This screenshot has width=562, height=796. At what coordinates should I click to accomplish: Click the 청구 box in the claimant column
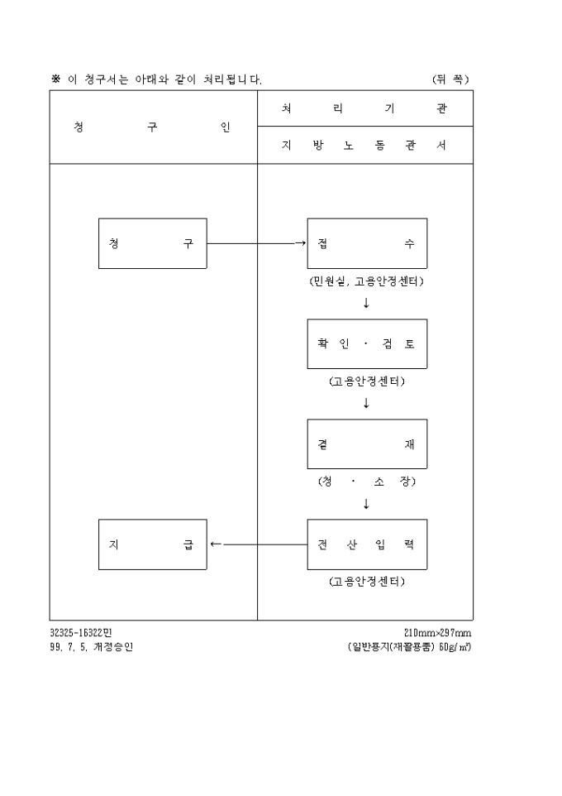click(x=153, y=243)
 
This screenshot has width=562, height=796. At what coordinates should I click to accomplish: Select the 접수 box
click(x=367, y=243)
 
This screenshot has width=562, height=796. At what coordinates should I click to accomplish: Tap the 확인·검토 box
click(x=367, y=343)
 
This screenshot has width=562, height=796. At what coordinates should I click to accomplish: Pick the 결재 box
click(x=367, y=444)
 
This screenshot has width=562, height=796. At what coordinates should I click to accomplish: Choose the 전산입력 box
click(x=367, y=544)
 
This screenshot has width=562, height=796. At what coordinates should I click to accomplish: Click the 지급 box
click(x=153, y=544)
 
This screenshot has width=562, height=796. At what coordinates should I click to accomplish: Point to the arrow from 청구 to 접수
click(x=256, y=243)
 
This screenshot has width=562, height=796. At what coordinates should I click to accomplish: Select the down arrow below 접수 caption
click(x=366, y=303)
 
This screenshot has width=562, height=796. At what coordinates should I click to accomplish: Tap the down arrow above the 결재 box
click(x=366, y=404)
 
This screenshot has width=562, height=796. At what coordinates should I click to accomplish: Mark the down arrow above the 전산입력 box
click(x=366, y=504)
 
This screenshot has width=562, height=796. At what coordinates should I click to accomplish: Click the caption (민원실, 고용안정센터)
click(x=367, y=281)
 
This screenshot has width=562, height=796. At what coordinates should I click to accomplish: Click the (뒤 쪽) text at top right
click(x=450, y=79)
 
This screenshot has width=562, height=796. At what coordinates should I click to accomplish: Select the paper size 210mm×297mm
click(x=437, y=633)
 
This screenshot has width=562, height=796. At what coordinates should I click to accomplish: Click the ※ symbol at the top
click(x=55, y=79)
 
